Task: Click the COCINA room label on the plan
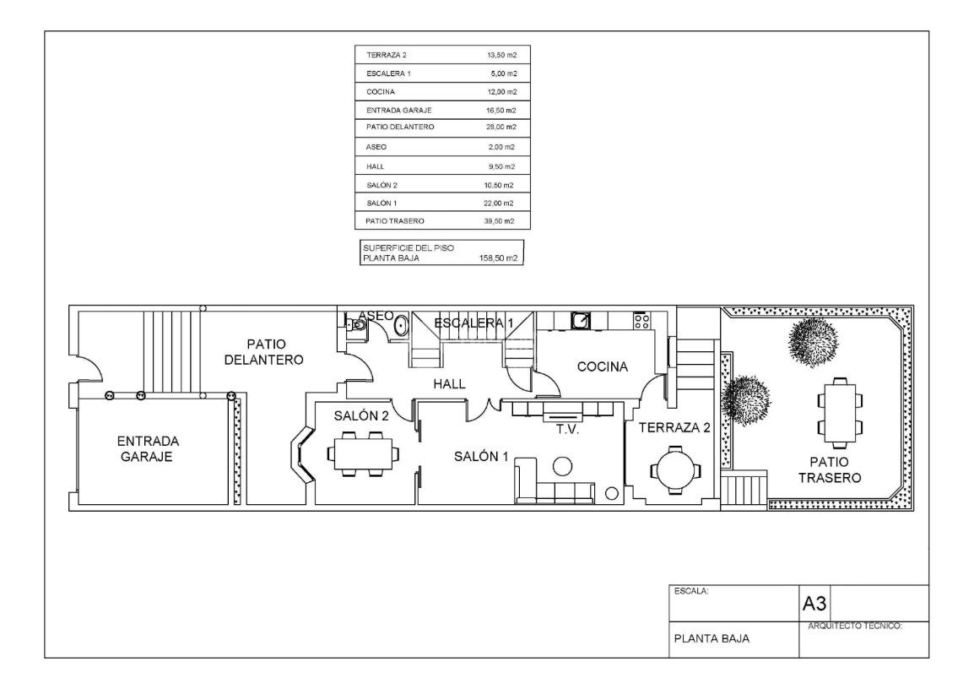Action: point(602,366)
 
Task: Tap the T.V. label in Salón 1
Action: point(567,429)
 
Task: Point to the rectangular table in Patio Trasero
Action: point(839,413)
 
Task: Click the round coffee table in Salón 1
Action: point(563,466)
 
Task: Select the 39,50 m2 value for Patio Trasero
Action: point(499,221)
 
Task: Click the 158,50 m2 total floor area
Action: point(498,258)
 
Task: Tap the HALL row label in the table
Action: point(376,166)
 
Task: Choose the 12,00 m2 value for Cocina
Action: point(501,92)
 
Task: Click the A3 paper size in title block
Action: point(814,603)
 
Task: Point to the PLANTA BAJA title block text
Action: point(712,638)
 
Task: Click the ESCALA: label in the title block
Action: point(691,591)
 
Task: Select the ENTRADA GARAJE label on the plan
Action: point(148,448)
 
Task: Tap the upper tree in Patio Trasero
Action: point(813,341)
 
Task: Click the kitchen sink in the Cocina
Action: point(581,321)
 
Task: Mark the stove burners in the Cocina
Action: point(641,321)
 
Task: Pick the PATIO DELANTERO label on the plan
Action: point(264,351)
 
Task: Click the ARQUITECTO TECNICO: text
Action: point(855,627)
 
